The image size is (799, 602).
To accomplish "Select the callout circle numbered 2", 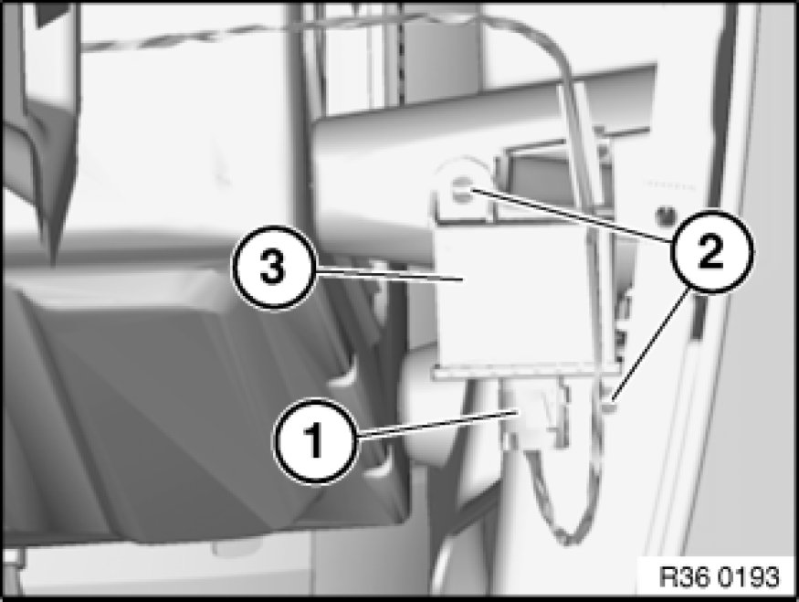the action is pyautogui.click(x=711, y=251).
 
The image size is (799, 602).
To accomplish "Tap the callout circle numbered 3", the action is pyautogui.click(x=274, y=269).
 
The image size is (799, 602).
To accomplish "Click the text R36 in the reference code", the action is pyautogui.click(x=684, y=577).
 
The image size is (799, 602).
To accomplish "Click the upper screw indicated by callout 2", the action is pyautogui.click(x=462, y=187).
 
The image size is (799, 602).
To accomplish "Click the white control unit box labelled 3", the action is pyautogui.click(x=515, y=301).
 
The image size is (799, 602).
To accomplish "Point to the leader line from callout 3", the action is pyautogui.click(x=388, y=274).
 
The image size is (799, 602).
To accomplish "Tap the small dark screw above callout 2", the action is pyautogui.click(x=664, y=217).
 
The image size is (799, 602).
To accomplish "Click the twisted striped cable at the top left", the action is pyautogui.click(x=204, y=33).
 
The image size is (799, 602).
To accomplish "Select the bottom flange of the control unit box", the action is pyautogui.click(x=526, y=371).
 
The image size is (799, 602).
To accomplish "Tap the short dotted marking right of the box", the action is pyautogui.click(x=670, y=186).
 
